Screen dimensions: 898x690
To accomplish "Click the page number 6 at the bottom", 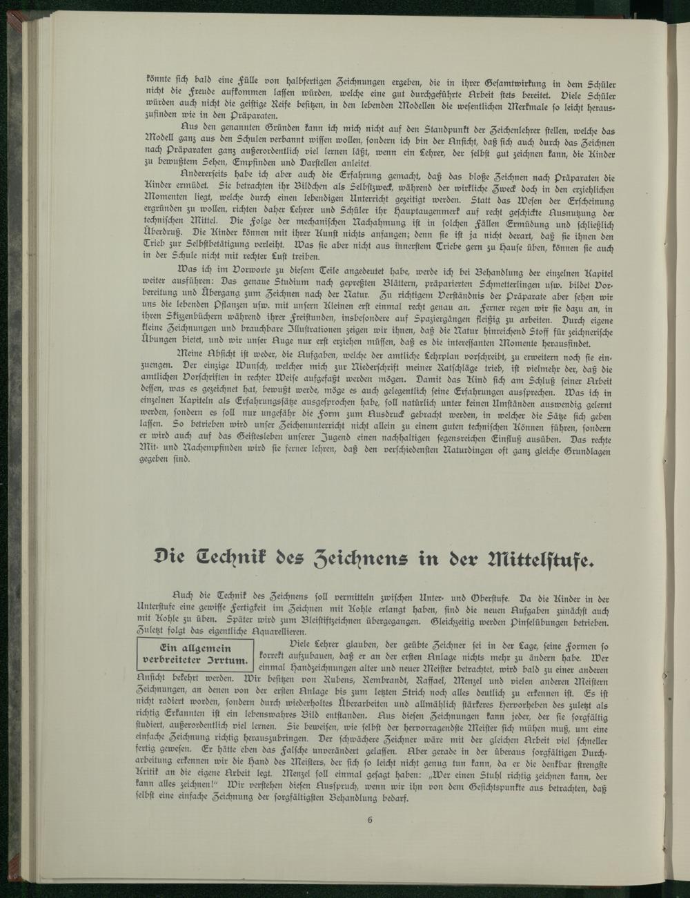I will click(371, 820).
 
